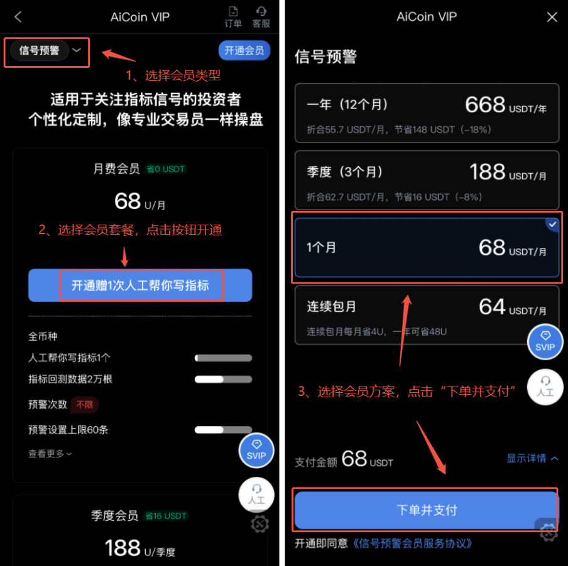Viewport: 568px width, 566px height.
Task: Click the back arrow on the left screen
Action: coord(18,17)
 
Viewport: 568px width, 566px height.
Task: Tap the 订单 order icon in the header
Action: coord(233,16)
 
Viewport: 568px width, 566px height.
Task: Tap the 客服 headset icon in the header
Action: coord(261,16)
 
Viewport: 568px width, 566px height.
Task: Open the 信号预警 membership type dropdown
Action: coord(47,51)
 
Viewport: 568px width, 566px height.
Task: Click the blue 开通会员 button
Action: coord(244,50)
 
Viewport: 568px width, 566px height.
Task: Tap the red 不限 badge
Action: coord(84,405)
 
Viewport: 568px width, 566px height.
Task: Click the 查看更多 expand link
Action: coord(50,453)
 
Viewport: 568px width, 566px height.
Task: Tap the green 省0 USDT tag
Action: coord(166,169)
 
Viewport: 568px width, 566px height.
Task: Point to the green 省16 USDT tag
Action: coord(166,516)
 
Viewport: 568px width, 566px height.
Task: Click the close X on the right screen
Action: coord(552,17)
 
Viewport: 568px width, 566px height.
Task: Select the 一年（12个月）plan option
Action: coord(427,112)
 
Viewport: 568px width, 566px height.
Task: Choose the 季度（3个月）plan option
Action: coord(427,179)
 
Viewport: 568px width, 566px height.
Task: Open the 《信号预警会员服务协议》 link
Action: coord(412,543)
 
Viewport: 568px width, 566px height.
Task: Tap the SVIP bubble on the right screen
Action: coord(545,341)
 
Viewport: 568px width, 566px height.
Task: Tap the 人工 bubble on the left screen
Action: coord(256,494)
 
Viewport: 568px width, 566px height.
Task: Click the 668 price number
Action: coord(485,105)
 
